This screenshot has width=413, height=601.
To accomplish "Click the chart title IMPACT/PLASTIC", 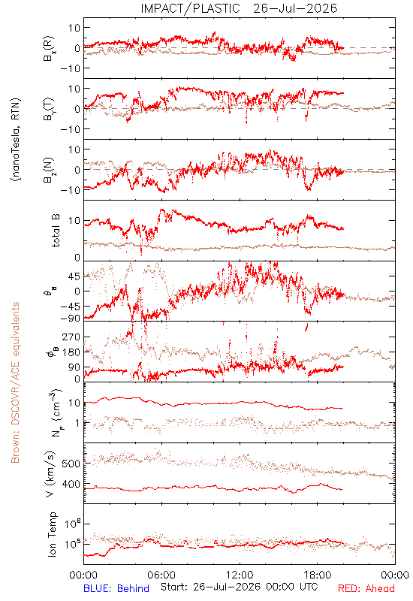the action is point(191,8).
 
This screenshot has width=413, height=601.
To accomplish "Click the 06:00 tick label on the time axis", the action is point(161,575).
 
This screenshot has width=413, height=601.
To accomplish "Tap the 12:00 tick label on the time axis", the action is point(240,575).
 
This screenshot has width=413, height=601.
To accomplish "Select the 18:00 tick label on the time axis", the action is point(318,575).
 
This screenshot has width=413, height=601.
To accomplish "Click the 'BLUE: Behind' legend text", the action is point(116,588).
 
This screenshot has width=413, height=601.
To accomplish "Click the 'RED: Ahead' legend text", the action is point(366,588).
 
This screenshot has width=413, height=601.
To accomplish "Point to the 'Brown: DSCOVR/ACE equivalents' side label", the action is point(15,382).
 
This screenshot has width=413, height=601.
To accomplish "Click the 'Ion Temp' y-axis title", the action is point(52,534).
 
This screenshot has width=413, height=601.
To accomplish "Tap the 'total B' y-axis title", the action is point(56,231).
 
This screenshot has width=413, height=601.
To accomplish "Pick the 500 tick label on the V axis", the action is point(71,464).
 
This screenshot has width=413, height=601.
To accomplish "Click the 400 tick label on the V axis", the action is point(71,484).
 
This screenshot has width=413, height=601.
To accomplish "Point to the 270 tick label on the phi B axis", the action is point(71,337).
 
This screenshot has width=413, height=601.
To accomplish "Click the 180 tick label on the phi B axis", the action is point(71,352).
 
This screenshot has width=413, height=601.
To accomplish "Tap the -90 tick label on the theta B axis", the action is point(70,318).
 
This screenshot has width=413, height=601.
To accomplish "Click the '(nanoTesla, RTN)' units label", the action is point(16,140).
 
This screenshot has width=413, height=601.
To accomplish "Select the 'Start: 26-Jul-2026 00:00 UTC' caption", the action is point(239,587).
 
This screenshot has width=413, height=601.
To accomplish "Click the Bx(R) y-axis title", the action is point(49,48).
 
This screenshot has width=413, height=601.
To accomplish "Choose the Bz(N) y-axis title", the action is point(49,170).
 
